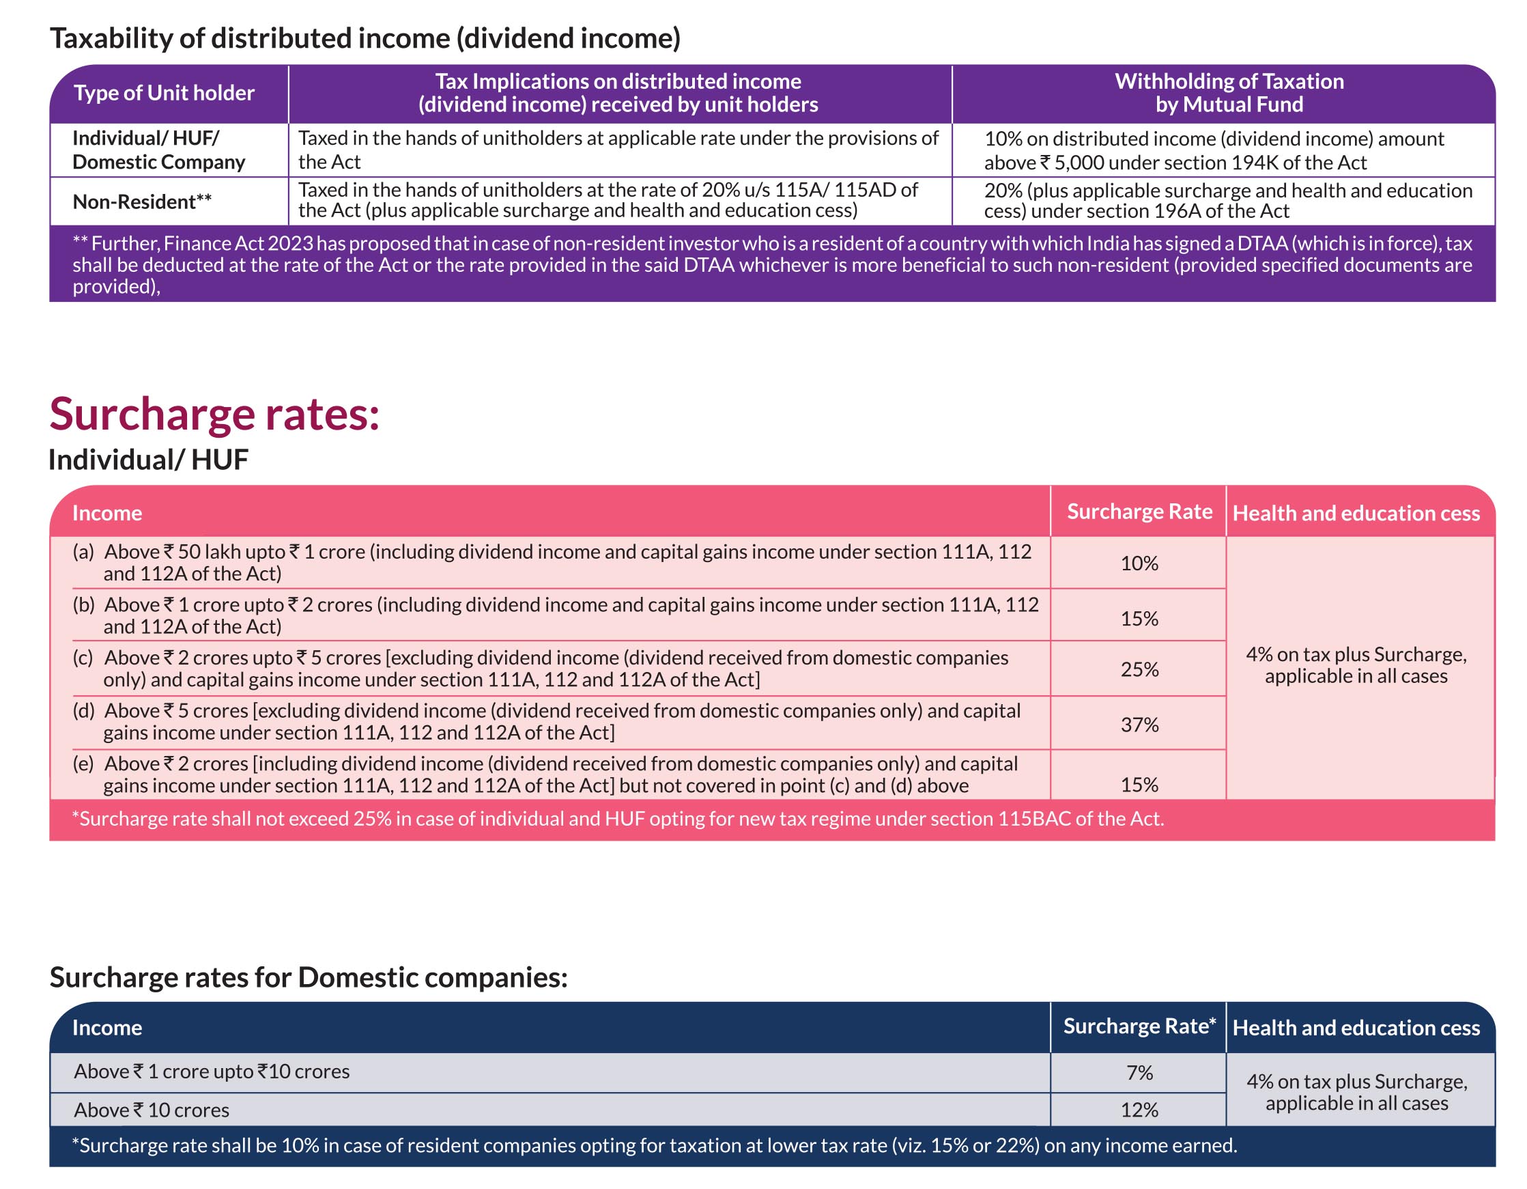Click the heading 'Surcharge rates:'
pyautogui.click(x=214, y=415)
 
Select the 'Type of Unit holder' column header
pyautogui.click(x=165, y=93)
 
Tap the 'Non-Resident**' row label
pyautogui.click(x=142, y=201)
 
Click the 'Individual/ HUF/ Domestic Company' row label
pyautogui.click(x=159, y=150)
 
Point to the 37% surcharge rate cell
pyautogui.click(x=1140, y=725)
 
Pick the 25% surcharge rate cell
pyautogui.click(x=1140, y=669)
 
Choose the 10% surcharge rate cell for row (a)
pyautogui.click(x=1140, y=563)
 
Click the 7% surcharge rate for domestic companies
pyautogui.click(x=1140, y=1072)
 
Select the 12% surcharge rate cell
pyautogui.click(x=1140, y=1110)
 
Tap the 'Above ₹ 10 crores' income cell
pyautogui.click(x=152, y=1110)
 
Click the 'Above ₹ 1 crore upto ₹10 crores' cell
pyautogui.click(x=212, y=1072)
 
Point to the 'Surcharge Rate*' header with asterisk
pyautogui.click(x=1140, y=1026)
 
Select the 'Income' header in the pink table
pyautogui.click(x=107, y=514)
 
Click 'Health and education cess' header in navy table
pyautogui.click(x=1356, y=1027)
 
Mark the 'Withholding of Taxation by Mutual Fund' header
pyautogui.click(x=1229, y=93)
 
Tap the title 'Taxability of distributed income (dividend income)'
pyautogui.click(x=365, y=38)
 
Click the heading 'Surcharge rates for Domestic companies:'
pyautogui.click(x=309, y=977)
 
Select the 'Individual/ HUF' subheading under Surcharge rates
pyautogui.click(x=148, y=460)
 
